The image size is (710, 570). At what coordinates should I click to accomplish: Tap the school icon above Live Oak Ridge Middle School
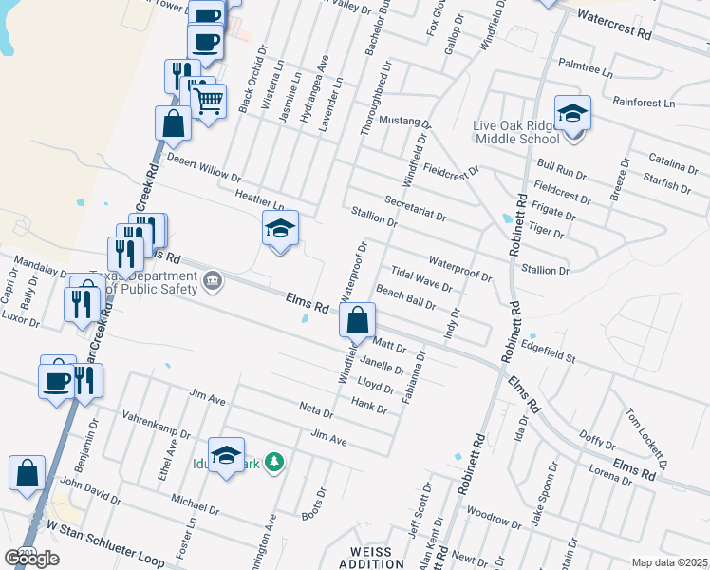[x=573, y=114]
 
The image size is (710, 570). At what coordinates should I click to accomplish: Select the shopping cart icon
[x=208, y=99]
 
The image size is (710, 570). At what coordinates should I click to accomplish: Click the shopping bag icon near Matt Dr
[x=357, y=321]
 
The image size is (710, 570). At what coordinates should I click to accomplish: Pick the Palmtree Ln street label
[x=586, y=68]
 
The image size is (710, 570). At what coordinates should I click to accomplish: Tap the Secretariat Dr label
[x=416, y=207]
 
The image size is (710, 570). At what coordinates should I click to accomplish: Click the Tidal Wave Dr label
[x=420, y=277]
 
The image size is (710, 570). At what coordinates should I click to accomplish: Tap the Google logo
[x=31, y=558]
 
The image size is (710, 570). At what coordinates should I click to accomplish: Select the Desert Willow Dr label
[x=205, y=169]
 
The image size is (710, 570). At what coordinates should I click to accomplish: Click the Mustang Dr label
[x=404, y=123]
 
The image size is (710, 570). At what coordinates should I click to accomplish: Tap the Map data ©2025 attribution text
[x=669, y=562]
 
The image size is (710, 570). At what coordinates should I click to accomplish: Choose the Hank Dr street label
[x=369, y=406]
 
